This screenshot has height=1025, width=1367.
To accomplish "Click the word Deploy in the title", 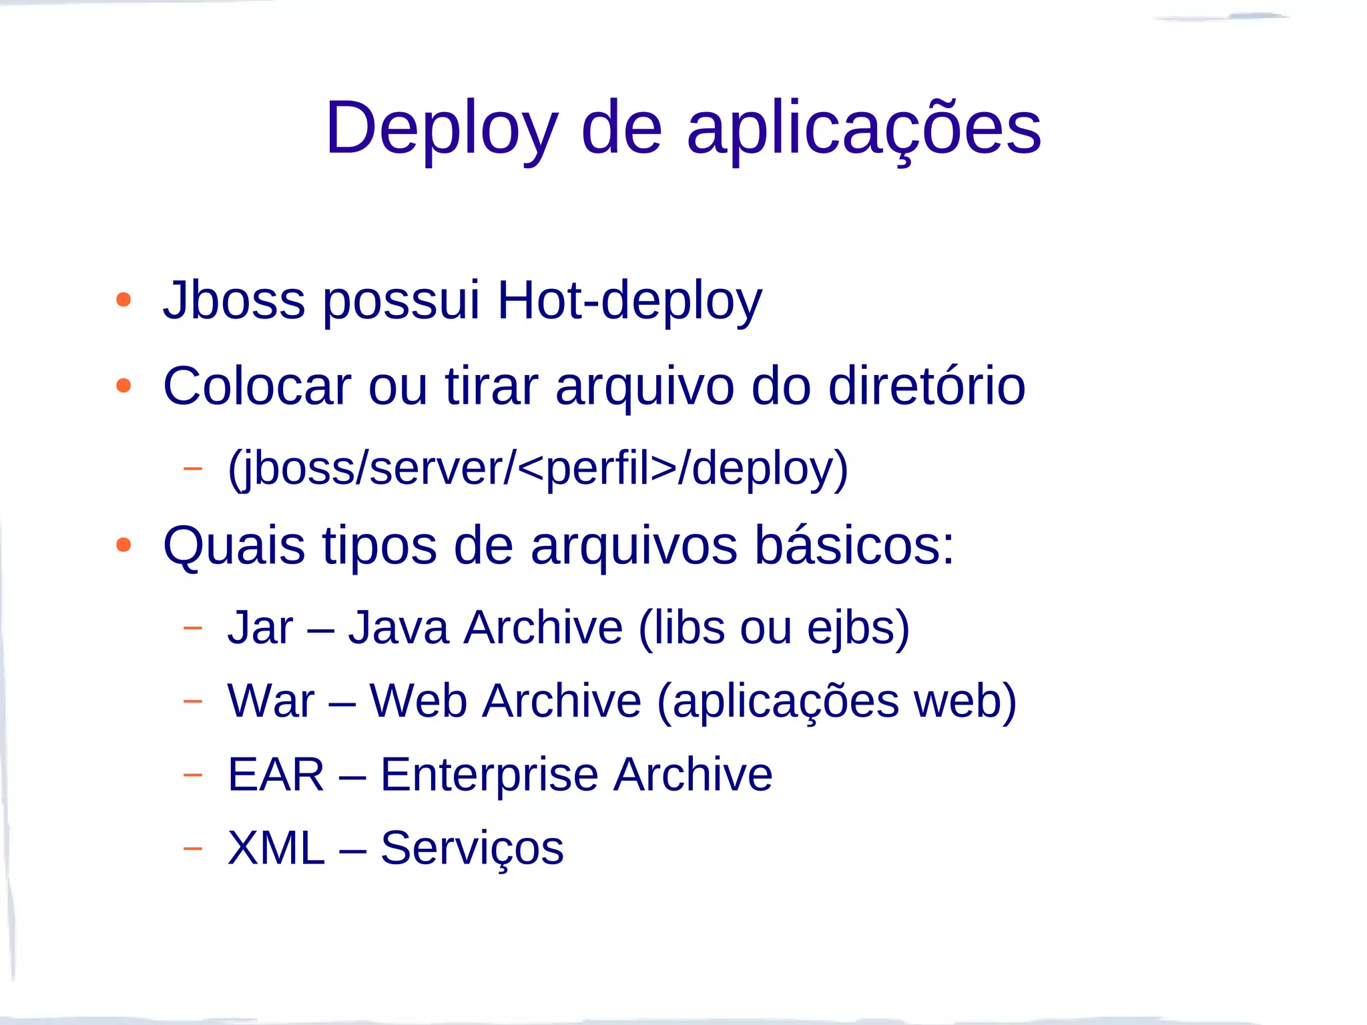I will click(x=441, y=128).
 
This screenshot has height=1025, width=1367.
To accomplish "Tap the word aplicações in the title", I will click(x=864, y=128).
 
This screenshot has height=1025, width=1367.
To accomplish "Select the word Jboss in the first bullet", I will click(x=234, y=300).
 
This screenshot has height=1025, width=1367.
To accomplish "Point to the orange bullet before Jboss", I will click(x=123, y=300).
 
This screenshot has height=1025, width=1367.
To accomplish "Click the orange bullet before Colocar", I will click(x=123, y=386).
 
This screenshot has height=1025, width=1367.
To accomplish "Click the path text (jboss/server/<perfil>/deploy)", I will click(x=538, y=468).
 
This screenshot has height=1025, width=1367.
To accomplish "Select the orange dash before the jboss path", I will click(x=192, y=468).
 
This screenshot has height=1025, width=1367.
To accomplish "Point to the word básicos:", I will click(x=854, y=546).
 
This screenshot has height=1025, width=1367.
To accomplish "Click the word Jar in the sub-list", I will click(x=260, y=628).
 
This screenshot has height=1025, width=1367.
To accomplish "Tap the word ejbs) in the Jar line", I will click(x=858, y=629).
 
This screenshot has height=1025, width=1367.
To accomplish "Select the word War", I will click(x=270, y=701).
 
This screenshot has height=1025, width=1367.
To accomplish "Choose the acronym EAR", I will click(x=276, y=775).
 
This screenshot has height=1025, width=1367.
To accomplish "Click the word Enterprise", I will click(x=489, y=776).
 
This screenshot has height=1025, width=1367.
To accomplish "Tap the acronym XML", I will click(x=276, y=848).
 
